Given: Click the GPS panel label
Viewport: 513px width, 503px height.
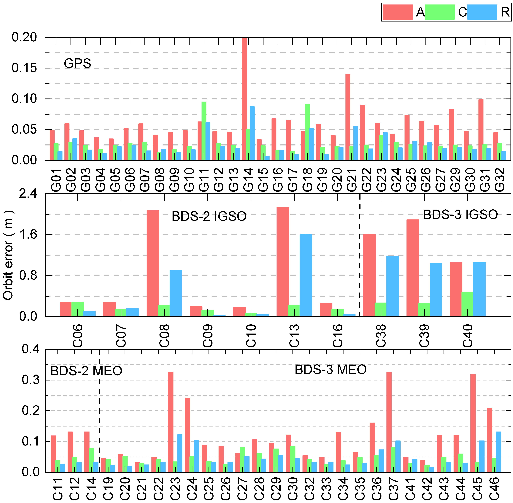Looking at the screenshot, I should (77, 63).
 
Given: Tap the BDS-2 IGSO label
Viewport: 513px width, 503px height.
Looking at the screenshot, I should (209, 216).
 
